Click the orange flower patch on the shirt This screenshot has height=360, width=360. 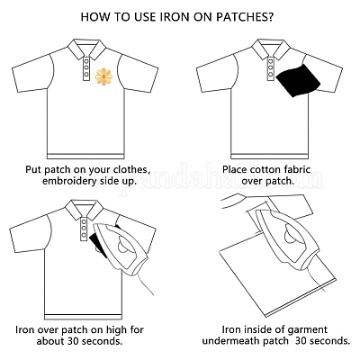pyautogui.click(x=103, y=76)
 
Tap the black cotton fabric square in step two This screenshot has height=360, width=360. pyautogui.click(x=298, y=80)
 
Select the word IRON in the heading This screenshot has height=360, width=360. pyautogui.click(x=173, y=17)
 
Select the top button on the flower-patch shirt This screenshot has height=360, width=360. pyautogui.click(x=86, y=60)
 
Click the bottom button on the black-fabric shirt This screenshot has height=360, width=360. pyautogui.click(x=271, y=74)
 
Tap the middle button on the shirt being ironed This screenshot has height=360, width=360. pyautogui.click(x=84, y=229)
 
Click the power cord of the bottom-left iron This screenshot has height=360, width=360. pyautogui.click(x=147, y=283)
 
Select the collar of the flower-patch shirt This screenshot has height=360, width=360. pyautogui.click(x=86, y=49)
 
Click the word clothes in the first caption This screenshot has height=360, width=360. pyautogui.click(x=131, y=170)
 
